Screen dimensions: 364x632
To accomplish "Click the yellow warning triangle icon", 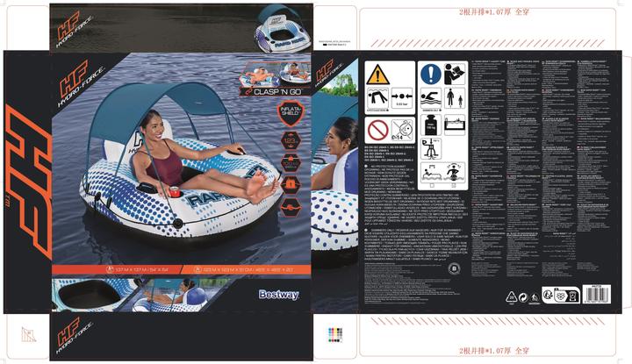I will click(378, 74).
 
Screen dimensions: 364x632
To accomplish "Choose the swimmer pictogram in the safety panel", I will click(430, 99).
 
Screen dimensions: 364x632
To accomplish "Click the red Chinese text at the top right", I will click(494, 13).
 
